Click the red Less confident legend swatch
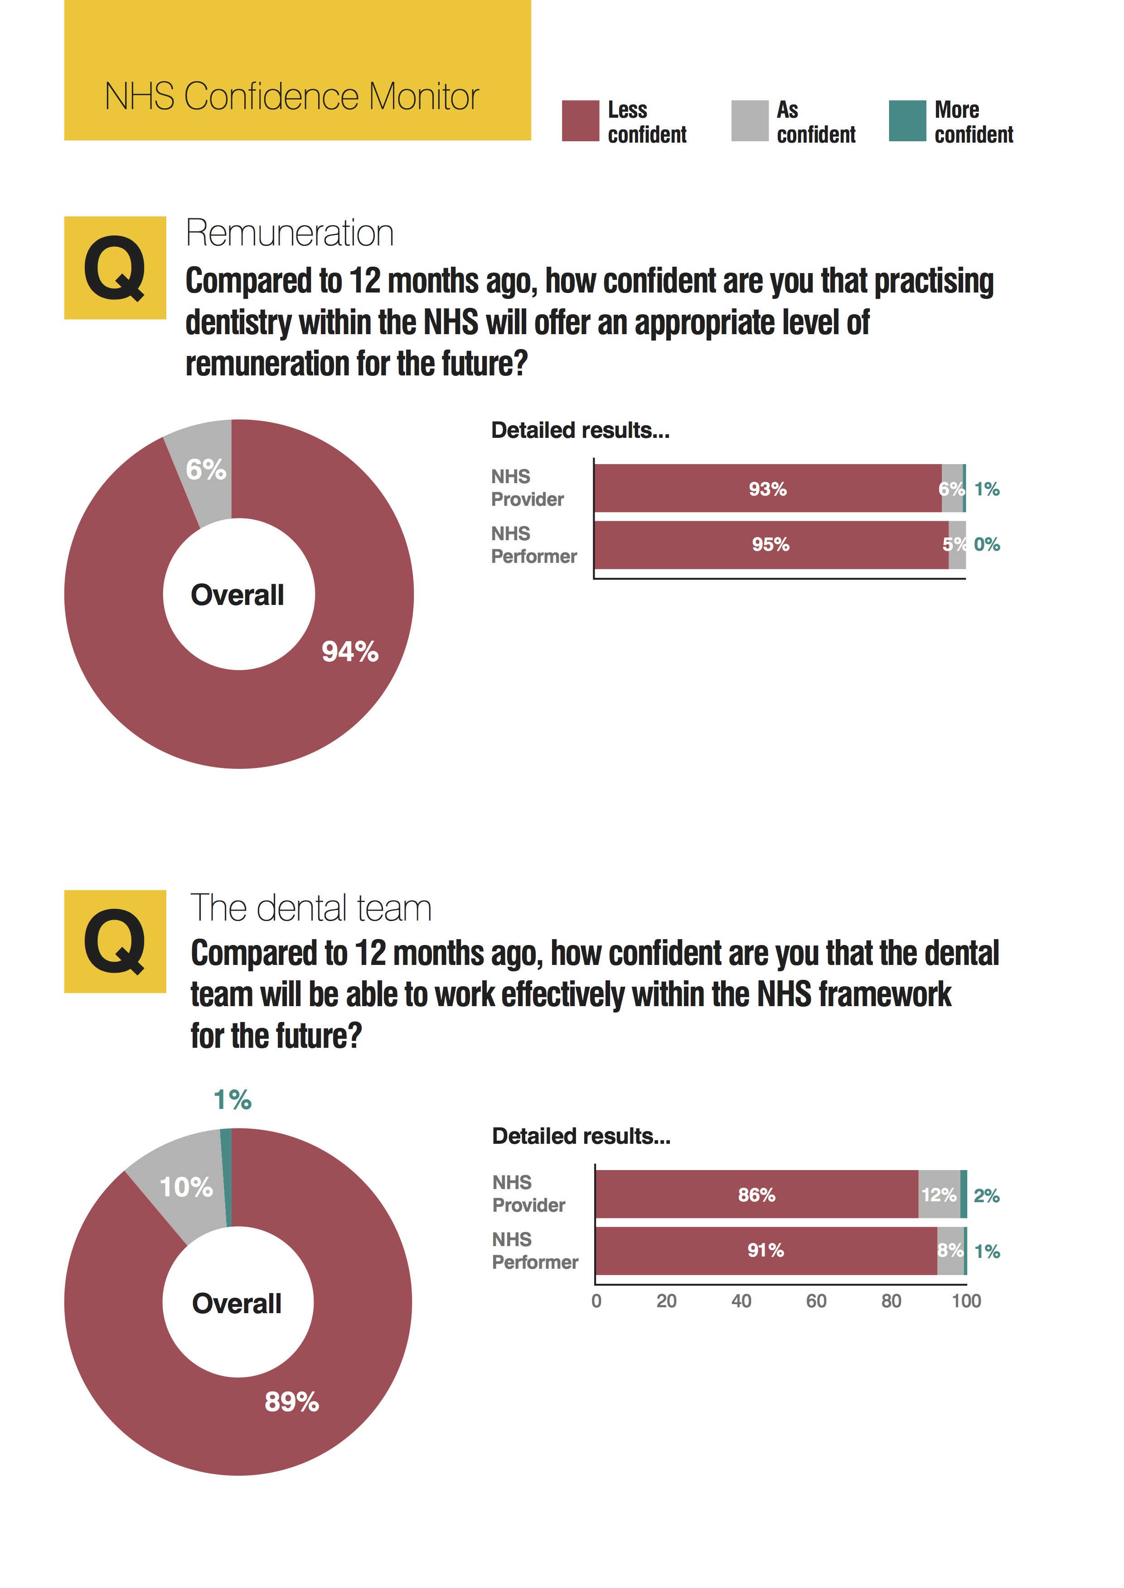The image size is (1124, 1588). click(x=580, y=121)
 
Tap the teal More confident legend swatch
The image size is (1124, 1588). click(x=906, y=121)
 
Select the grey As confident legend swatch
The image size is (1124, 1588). click(x=750, y=121)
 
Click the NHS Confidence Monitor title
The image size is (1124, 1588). click(x=291, y=96)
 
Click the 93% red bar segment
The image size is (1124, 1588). click(x=768, y=489)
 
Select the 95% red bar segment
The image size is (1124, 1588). click(x=770, y=545)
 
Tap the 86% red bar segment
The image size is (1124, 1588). click(x=756, y=1195)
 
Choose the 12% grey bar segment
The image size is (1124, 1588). click(x=939, y=1195)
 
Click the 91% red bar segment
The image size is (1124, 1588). click(x=765, y=1251)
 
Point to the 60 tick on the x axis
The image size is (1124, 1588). click(x=816, y=1302)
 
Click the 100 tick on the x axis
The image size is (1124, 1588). click(x=965, y=1302)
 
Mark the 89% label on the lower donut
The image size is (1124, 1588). click(x=291, y=1402)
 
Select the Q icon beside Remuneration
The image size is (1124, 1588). click(x=115, y=268)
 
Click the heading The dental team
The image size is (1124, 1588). click(x=311, y=908)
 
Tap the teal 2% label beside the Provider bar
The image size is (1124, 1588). click(x=986, y=1196)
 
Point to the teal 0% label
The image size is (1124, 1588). click(x=986, y=545)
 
